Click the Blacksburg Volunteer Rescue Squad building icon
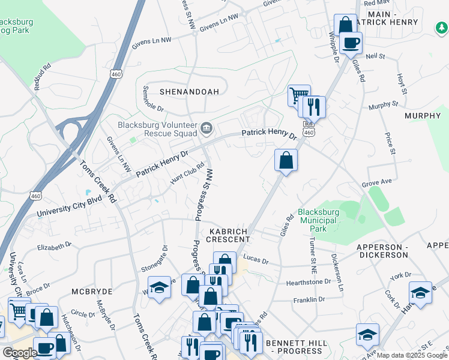[207, 127]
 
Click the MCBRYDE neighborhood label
[92, 291]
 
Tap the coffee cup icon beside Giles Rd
[351, 43]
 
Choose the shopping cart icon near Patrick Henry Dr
[298, 95]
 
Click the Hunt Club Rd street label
[187, 173]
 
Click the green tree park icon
[441, 26]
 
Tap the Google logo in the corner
[19, 353]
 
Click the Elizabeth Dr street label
[54, 245]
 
